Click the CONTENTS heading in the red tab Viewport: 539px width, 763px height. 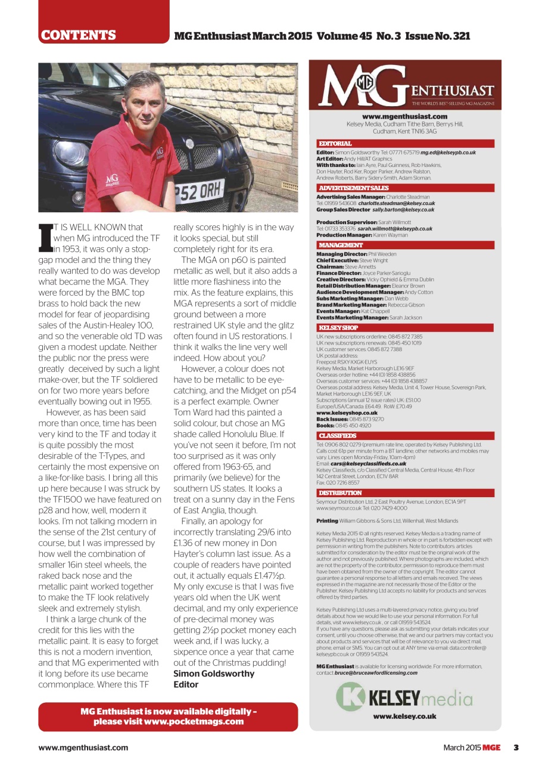[78, 36]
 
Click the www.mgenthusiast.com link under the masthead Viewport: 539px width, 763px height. [404, 117]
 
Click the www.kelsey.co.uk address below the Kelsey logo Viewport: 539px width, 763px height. [404, 717]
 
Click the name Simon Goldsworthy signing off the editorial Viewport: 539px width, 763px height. [213, 674]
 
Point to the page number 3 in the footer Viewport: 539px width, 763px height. [516, 748]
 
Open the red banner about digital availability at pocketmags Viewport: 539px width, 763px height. [168, 717]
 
